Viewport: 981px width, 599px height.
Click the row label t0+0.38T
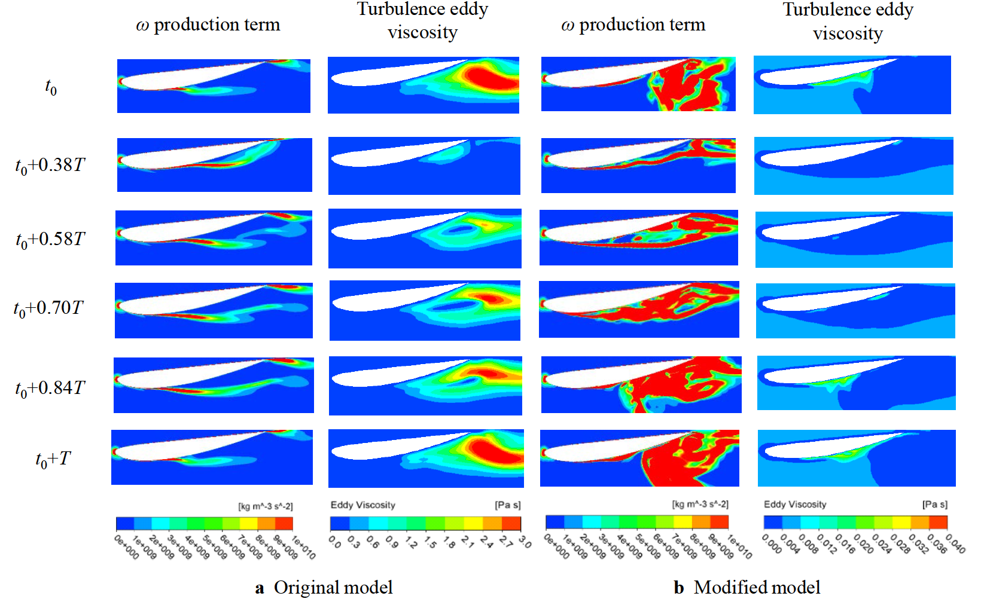pos(50,165)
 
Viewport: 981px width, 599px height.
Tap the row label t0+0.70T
pos(48,308)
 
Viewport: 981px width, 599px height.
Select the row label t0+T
pos(53,459)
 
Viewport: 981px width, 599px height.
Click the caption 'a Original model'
pos(324,587)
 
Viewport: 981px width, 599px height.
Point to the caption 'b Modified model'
pos(747,587)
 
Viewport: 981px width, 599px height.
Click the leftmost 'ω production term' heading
pos(208,25)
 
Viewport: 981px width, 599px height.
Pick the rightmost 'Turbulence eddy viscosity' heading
pos(848,22)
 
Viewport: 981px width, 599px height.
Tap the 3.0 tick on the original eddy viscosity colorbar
pos(525,542)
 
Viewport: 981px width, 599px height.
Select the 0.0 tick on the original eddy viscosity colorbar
pos(334,542)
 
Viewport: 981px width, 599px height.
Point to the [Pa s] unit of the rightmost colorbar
pos(934,505)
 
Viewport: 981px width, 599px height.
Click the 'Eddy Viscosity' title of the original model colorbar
pos(362,505)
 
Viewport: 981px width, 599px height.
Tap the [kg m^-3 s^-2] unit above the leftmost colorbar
pos(266,506)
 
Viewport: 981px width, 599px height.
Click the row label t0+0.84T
pos(50,389)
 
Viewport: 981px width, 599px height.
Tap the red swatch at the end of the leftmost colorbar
pos(284,524)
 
